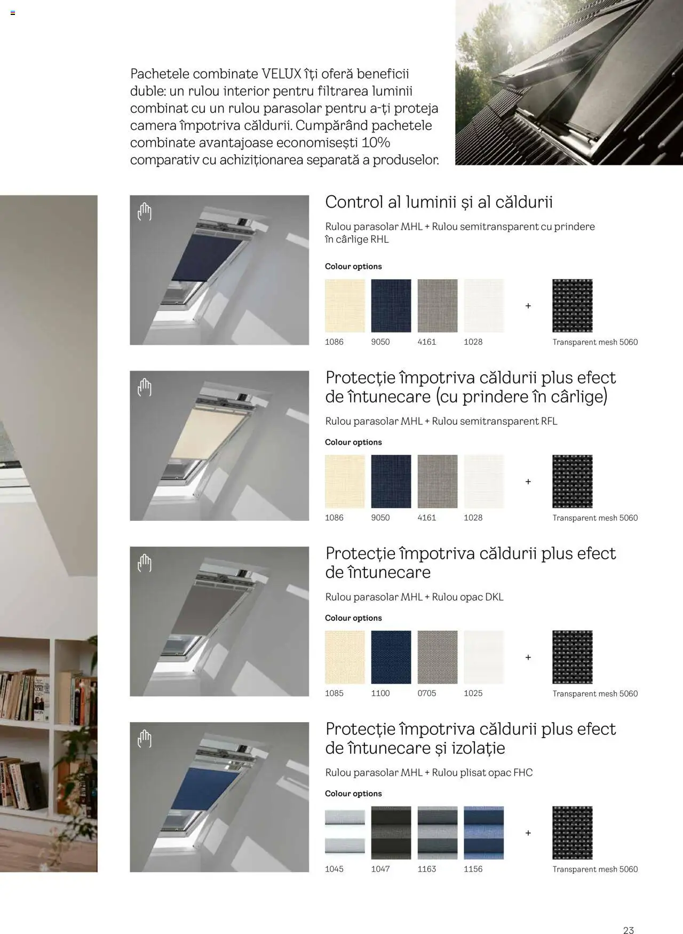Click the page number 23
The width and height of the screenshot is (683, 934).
(x=628, y=915)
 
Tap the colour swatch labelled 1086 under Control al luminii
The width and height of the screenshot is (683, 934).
(x=345, y=305)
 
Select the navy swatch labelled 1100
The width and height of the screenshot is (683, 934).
(x=391, y=657)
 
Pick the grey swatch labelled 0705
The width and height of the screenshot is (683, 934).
(x=438, y=657)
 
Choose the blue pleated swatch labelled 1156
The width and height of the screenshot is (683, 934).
(x=483, y=833)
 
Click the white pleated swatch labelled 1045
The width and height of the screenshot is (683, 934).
(x=345, y=833)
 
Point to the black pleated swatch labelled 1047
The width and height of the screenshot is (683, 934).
(x=391, y=833)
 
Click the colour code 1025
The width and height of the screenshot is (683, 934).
(x=473, y=693)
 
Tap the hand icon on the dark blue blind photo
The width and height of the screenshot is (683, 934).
(x=145, y=212)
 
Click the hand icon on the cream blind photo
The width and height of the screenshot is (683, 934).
(x=145, y=387)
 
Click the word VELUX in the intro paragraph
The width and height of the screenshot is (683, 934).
(x=281, y=74)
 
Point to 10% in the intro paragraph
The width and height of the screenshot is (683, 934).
(x=376, y=143)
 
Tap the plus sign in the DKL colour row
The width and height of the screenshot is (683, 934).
(x=528, y=657)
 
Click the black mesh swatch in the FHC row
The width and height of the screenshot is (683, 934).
(x=572, y=833)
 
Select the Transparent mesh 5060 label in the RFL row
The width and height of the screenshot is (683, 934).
(x=595, y=518)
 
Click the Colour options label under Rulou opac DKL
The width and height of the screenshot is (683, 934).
(x=353, y=618)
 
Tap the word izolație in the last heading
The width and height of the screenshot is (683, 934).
(x=478, y=748)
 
